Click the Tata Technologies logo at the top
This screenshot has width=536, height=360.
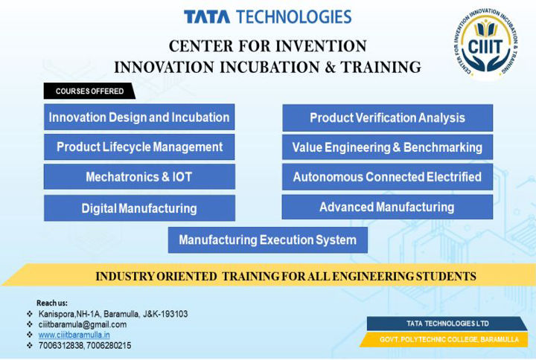point(268,17)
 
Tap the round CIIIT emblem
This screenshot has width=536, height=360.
point(485,42)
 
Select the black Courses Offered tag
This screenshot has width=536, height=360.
point(89,91)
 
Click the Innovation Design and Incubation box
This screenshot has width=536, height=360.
point(139,118)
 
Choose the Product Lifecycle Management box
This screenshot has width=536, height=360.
point(139,147)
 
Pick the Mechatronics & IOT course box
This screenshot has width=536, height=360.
point(139,176)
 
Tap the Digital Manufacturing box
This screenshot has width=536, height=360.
point(139,208)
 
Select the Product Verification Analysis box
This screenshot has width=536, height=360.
point(387,118)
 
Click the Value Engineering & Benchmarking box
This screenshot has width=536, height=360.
point(387,147)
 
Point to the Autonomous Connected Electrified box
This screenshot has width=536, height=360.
point(387,176)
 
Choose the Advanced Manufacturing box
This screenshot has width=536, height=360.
point(387,207)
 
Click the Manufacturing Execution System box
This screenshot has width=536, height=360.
point(268,240)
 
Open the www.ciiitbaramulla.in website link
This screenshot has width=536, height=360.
point(74,335)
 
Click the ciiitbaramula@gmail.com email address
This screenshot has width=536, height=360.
point(83,324)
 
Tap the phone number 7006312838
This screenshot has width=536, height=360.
point(61,346)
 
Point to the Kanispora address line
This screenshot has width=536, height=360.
point(113,314)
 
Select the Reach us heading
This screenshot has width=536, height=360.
point(52,303)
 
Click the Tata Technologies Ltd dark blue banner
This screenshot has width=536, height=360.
point(447,324)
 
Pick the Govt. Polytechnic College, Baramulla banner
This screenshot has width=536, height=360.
point(444,339)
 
